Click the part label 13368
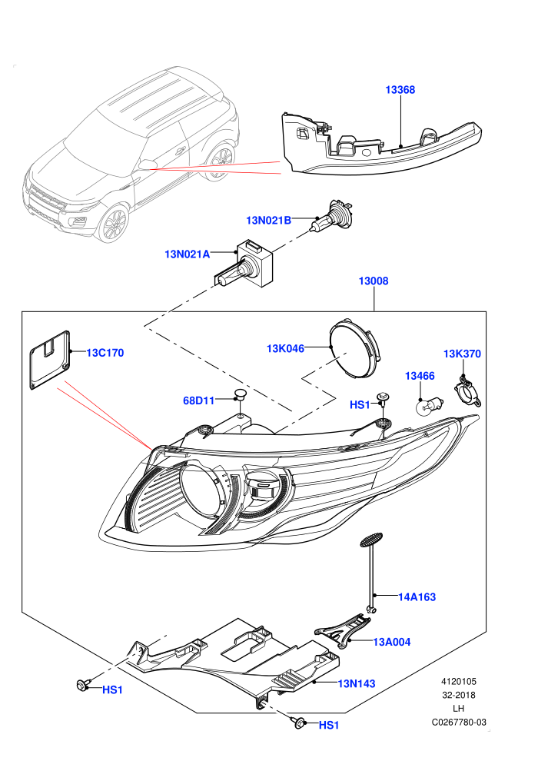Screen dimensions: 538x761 400,90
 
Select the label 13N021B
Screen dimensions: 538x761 269,221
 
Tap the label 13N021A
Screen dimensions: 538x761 188,254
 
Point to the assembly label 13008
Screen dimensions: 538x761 374,281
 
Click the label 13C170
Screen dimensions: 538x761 105,353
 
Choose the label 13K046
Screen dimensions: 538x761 285,348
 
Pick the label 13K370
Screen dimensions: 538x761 462,354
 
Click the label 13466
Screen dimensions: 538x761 420,376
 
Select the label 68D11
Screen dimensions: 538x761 198,401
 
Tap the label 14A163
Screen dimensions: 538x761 417,597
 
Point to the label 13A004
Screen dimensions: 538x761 391,642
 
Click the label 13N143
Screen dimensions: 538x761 357,684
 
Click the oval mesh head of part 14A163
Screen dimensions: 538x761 371,540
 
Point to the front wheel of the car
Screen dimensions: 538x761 114,224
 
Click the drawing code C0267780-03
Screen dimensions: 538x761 459,723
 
